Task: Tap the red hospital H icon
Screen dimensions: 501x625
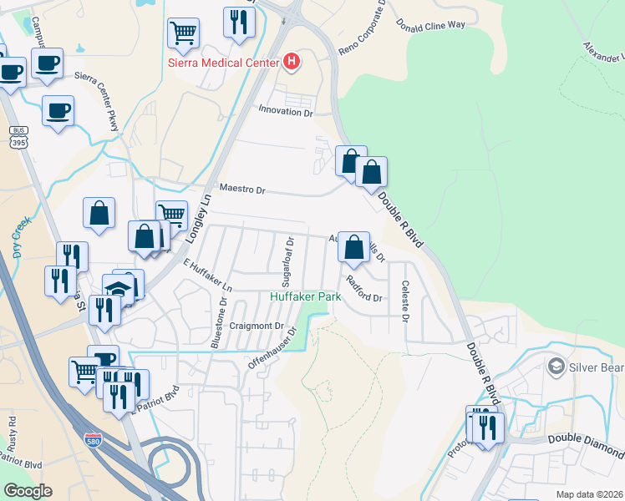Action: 291,61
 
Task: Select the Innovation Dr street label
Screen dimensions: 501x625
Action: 285,110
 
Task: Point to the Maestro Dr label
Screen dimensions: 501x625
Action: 242,190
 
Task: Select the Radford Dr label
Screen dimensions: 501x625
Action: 363,289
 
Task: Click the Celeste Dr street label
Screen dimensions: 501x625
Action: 405,301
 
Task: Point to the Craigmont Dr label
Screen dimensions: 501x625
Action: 257,326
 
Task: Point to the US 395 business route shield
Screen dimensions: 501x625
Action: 18,138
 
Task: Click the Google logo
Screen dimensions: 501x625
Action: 28,490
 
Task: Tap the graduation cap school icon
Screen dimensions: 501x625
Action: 118,289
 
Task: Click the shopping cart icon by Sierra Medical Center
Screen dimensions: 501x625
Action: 183,33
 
